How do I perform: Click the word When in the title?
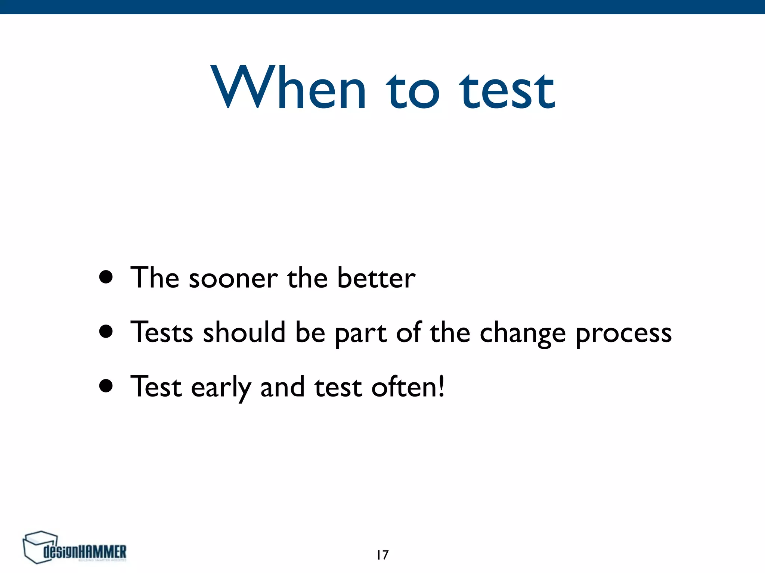[288, 88]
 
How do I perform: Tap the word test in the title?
[507, 91]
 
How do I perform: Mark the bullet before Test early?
[106, 386]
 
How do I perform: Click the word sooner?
[233, 279]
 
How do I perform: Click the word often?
[403, 386]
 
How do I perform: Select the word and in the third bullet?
[282, 387]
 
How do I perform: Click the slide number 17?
[382, 555]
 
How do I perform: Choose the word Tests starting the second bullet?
[161, 332]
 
